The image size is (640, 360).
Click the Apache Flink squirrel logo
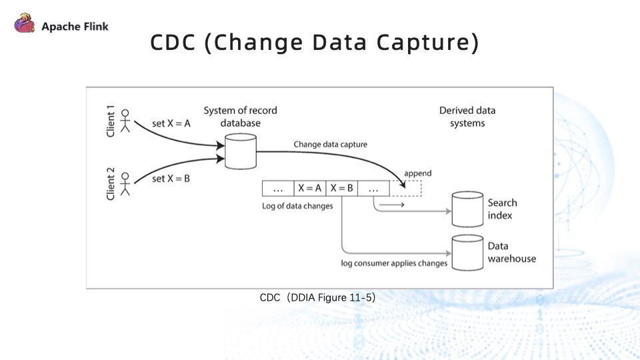point(25,25)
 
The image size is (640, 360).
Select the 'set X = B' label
point(172,179)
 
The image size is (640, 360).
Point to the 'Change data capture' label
point(330,144)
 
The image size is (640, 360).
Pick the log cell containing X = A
point(310,189)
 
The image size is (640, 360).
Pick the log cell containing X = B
point(341,189)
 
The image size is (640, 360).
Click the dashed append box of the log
point(406,189)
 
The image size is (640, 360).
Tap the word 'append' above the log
point(418,173)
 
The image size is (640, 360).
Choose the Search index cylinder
point(467,209)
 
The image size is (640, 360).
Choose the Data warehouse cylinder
point(467,253)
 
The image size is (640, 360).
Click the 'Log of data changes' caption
point(297,206)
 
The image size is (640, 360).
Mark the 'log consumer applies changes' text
point(394,263)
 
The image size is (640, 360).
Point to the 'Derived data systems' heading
point(467,117)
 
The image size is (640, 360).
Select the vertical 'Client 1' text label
point(111,121)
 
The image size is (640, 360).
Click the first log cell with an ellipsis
point(279,189)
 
